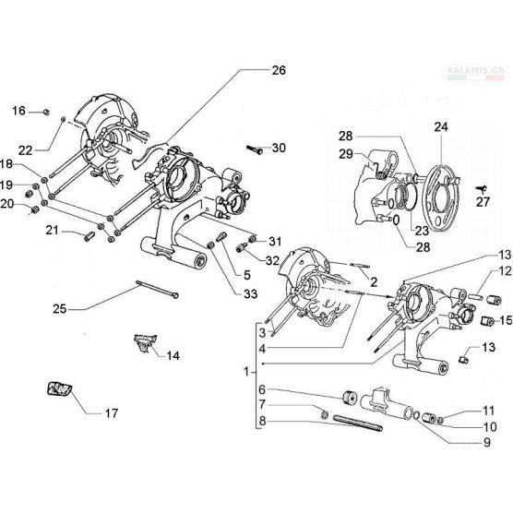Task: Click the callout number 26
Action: pyautogui.click(x=279, y=70)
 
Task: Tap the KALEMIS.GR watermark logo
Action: pyautogui.click(x=477, y=73)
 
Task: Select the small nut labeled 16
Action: pyautogui.click(x=46, y=113)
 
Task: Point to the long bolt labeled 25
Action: pyautogui.click(x=158, y=289)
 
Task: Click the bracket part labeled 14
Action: pyautogui.click(x=145, y=343)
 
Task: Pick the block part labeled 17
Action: pyautogui.click(x=60, y=389)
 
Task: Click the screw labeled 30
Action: pyautogui.click(x=255, y=150)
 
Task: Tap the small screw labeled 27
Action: pyautogui.click(x=481, y=188)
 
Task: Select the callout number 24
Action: pyautogui.click(x=441, y=127)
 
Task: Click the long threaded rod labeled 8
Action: pyautogui.click(x=358, y=423)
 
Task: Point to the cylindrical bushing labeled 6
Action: pyautogui.click(x=351, y=398)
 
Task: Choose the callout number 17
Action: pyautogui.click(x=112, y=413)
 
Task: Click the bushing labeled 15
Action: pyautogui.click(x=488, y=321)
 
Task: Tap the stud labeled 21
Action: pyautogui.click(x=89, y=236)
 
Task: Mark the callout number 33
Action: pyautogui.click(x=250, y=293)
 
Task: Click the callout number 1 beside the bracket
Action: pyautogui.click(x=246, y=372)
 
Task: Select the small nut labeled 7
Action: pyautogui.click(x=325, y=414)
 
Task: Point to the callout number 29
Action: pyautogui.click(x=346, y=154)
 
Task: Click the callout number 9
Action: pyautogui.click(x=487, y=442)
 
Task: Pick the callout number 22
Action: pyautogui.click(x=25, y=150)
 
